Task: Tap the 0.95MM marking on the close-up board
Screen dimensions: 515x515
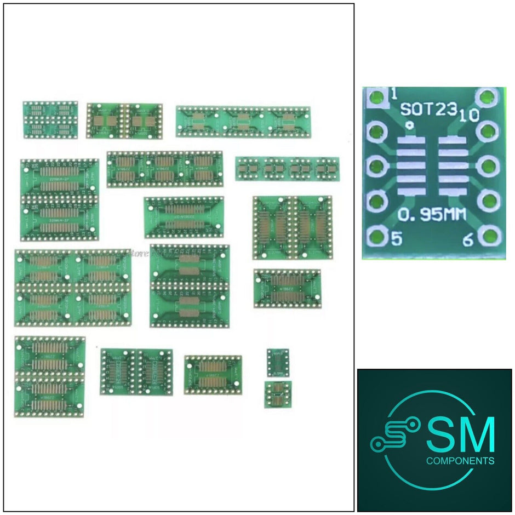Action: point(432,215)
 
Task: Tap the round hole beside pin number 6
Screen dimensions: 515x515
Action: point(487,237)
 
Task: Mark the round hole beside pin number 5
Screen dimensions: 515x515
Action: point(376,237)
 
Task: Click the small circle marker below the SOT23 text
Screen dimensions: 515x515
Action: point(409,125)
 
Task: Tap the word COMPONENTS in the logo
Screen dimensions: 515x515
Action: point(460,461)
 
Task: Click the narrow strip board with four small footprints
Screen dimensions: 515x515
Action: point(287,169)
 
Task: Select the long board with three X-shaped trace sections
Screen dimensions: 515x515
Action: point(242,122)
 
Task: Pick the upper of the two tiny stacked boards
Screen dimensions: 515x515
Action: point(278,362)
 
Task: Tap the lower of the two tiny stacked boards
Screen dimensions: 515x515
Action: point(278,394)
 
